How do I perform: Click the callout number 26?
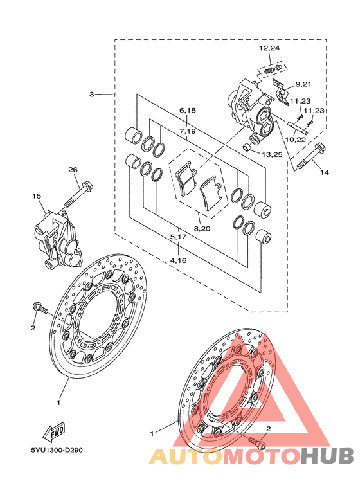(x=73, y=170)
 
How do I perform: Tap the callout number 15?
(x=37, y=196)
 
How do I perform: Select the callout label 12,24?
(x=269, y=48)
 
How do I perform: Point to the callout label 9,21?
(x=303, y=84)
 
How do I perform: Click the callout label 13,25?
(x=272, y=155)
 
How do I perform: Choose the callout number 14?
(x=325, y=172)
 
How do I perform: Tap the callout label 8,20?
(x=203, y=228)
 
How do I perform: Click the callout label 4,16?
(x=178, y=260)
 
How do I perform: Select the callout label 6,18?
(x=188, y=111)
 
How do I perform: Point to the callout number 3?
(x=91, y=94)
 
